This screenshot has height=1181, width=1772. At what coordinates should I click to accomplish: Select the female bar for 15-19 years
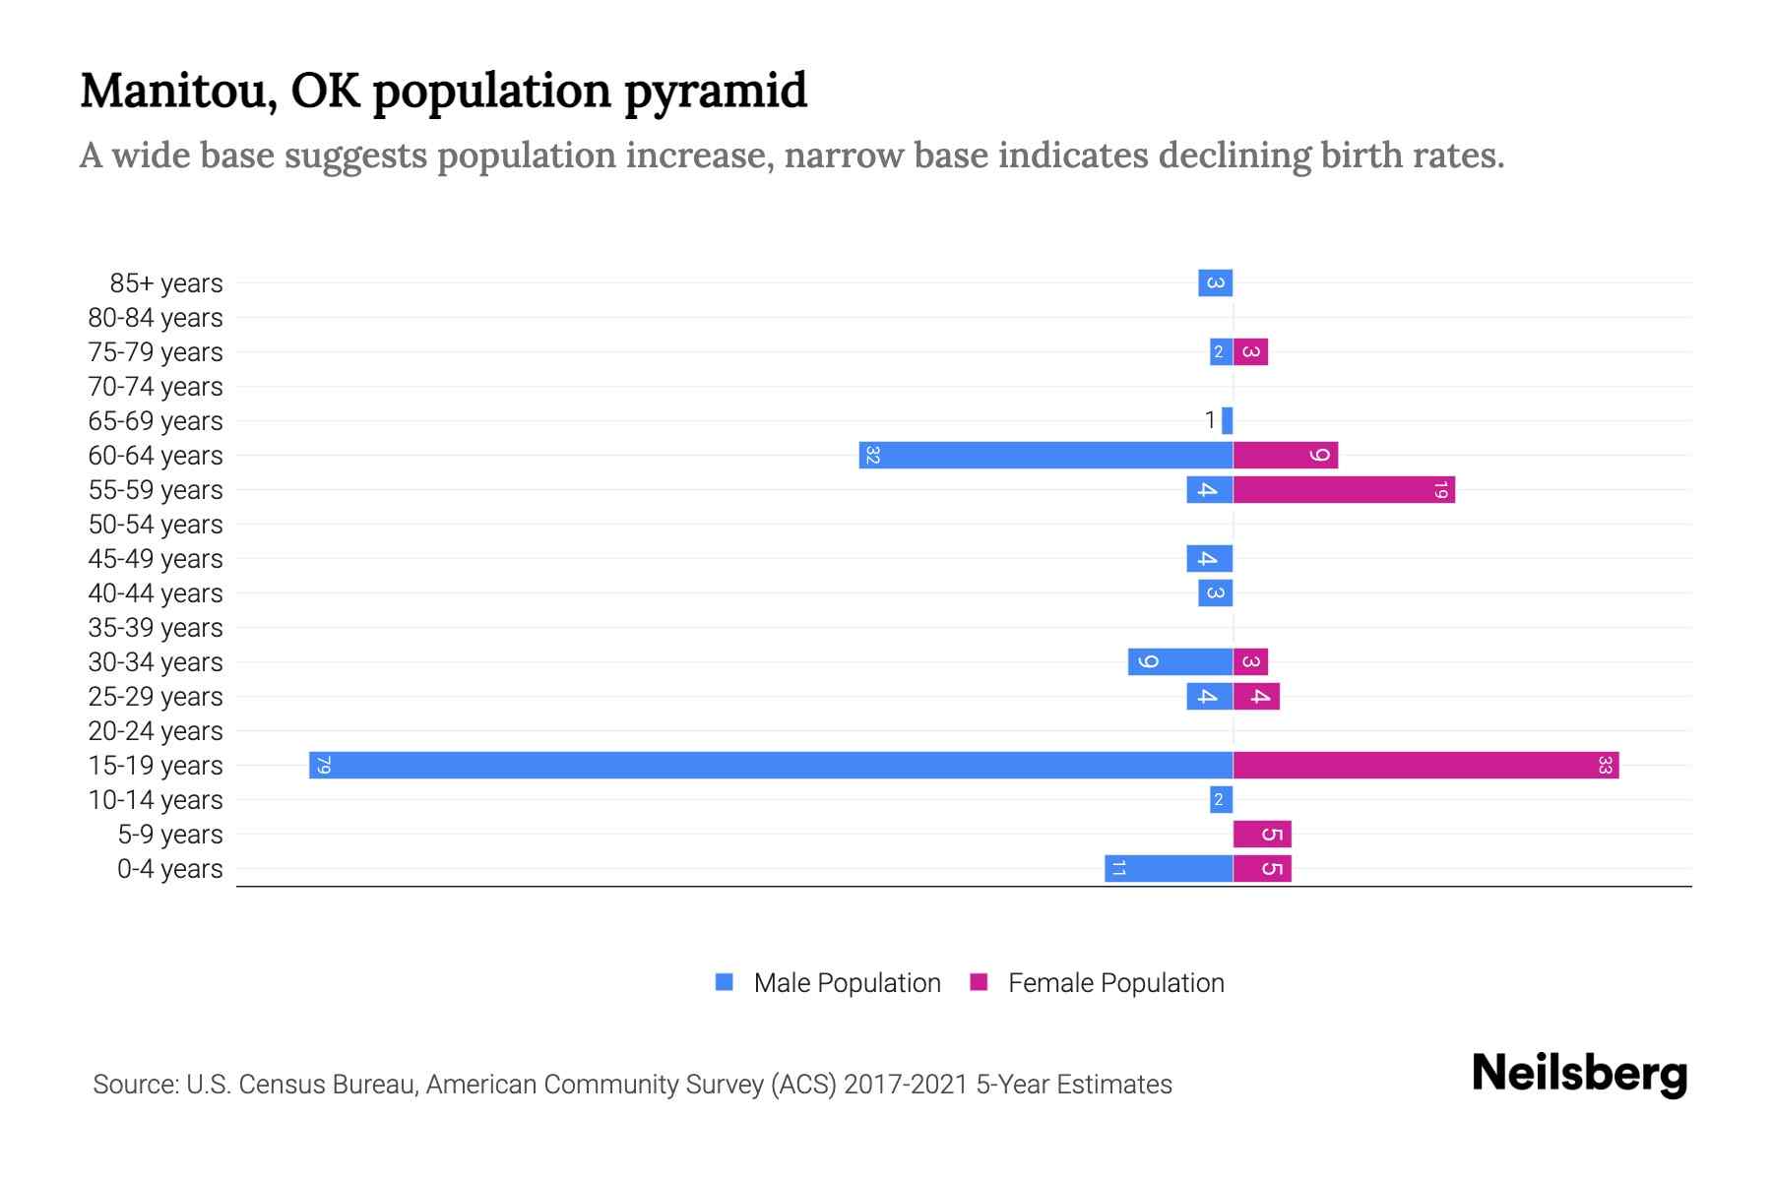[1425, 766]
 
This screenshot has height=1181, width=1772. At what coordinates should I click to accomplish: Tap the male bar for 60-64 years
[1045, 456]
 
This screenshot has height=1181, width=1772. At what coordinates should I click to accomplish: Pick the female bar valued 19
[1344, 490]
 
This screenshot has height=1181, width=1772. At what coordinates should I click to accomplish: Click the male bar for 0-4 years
[1169, 869]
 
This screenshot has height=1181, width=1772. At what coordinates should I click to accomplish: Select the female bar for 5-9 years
[1262, 835]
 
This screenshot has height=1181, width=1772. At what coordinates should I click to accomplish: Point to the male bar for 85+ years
[1215, 283]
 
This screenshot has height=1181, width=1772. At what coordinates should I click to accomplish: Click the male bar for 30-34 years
[1180, 662]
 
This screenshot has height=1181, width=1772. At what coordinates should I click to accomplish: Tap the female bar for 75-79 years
[1250, 352]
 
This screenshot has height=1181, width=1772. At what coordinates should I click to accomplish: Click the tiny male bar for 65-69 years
[1227, 421]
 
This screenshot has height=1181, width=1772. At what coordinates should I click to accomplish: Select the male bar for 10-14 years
[1221, 800]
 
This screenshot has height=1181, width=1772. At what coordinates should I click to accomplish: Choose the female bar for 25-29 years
[1256, 697]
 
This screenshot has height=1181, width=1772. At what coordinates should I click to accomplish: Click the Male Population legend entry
[847, 983]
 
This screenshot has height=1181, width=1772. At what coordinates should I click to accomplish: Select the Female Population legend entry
[1115, 983]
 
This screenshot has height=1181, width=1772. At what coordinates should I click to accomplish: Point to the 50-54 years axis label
[156, 525]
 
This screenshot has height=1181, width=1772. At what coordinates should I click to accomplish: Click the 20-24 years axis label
[156, 731]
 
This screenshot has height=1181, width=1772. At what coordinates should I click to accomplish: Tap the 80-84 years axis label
[156, 318]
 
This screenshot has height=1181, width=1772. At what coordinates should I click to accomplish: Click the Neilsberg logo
[1579, 1074]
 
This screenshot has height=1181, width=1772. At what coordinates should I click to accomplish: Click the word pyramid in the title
[716, 92]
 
